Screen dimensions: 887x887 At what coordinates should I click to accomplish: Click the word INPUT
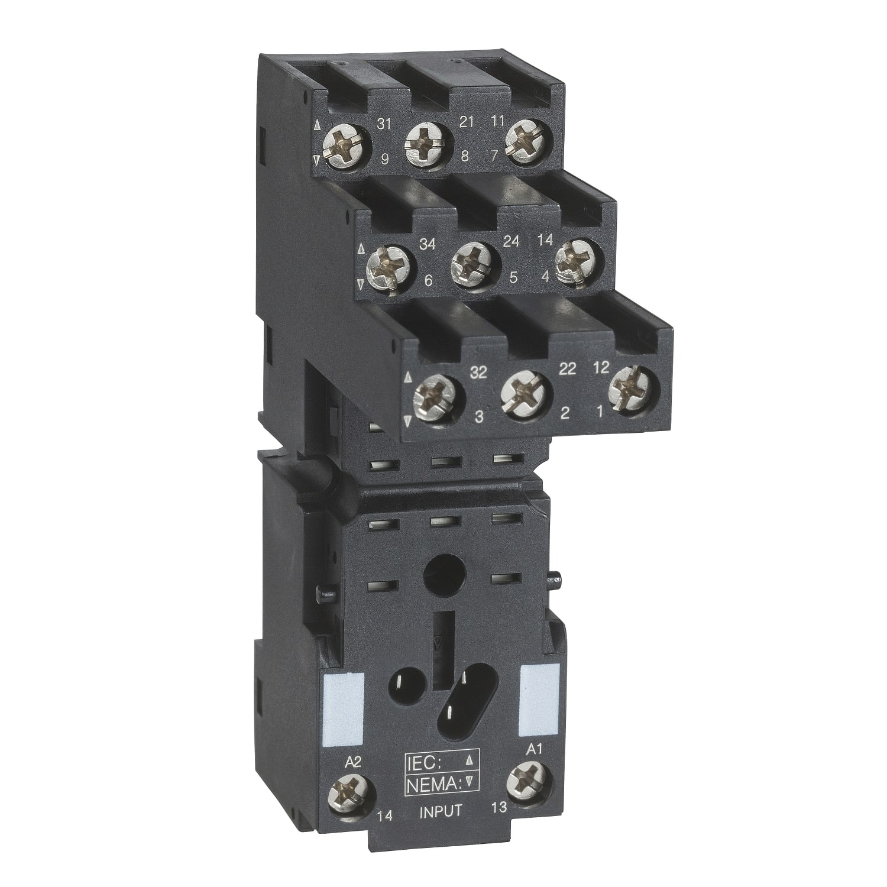click(440, 811)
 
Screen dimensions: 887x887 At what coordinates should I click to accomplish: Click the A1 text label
click(533, 749)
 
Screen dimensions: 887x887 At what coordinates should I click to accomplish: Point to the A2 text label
click(351, 762)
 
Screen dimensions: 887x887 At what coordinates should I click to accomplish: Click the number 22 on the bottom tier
click(567, 368)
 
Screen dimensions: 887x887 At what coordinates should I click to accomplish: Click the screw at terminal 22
click(526, 394)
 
